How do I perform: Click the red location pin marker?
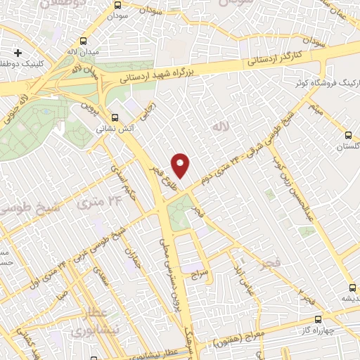click(181, 165)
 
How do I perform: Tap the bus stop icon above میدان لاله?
click(84, 41)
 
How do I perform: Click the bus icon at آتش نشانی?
click(115, 117)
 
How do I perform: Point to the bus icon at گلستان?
click(348, 135)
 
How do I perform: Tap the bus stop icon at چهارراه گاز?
click(318, 319)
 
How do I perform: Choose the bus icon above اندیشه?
click(352, 287)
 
